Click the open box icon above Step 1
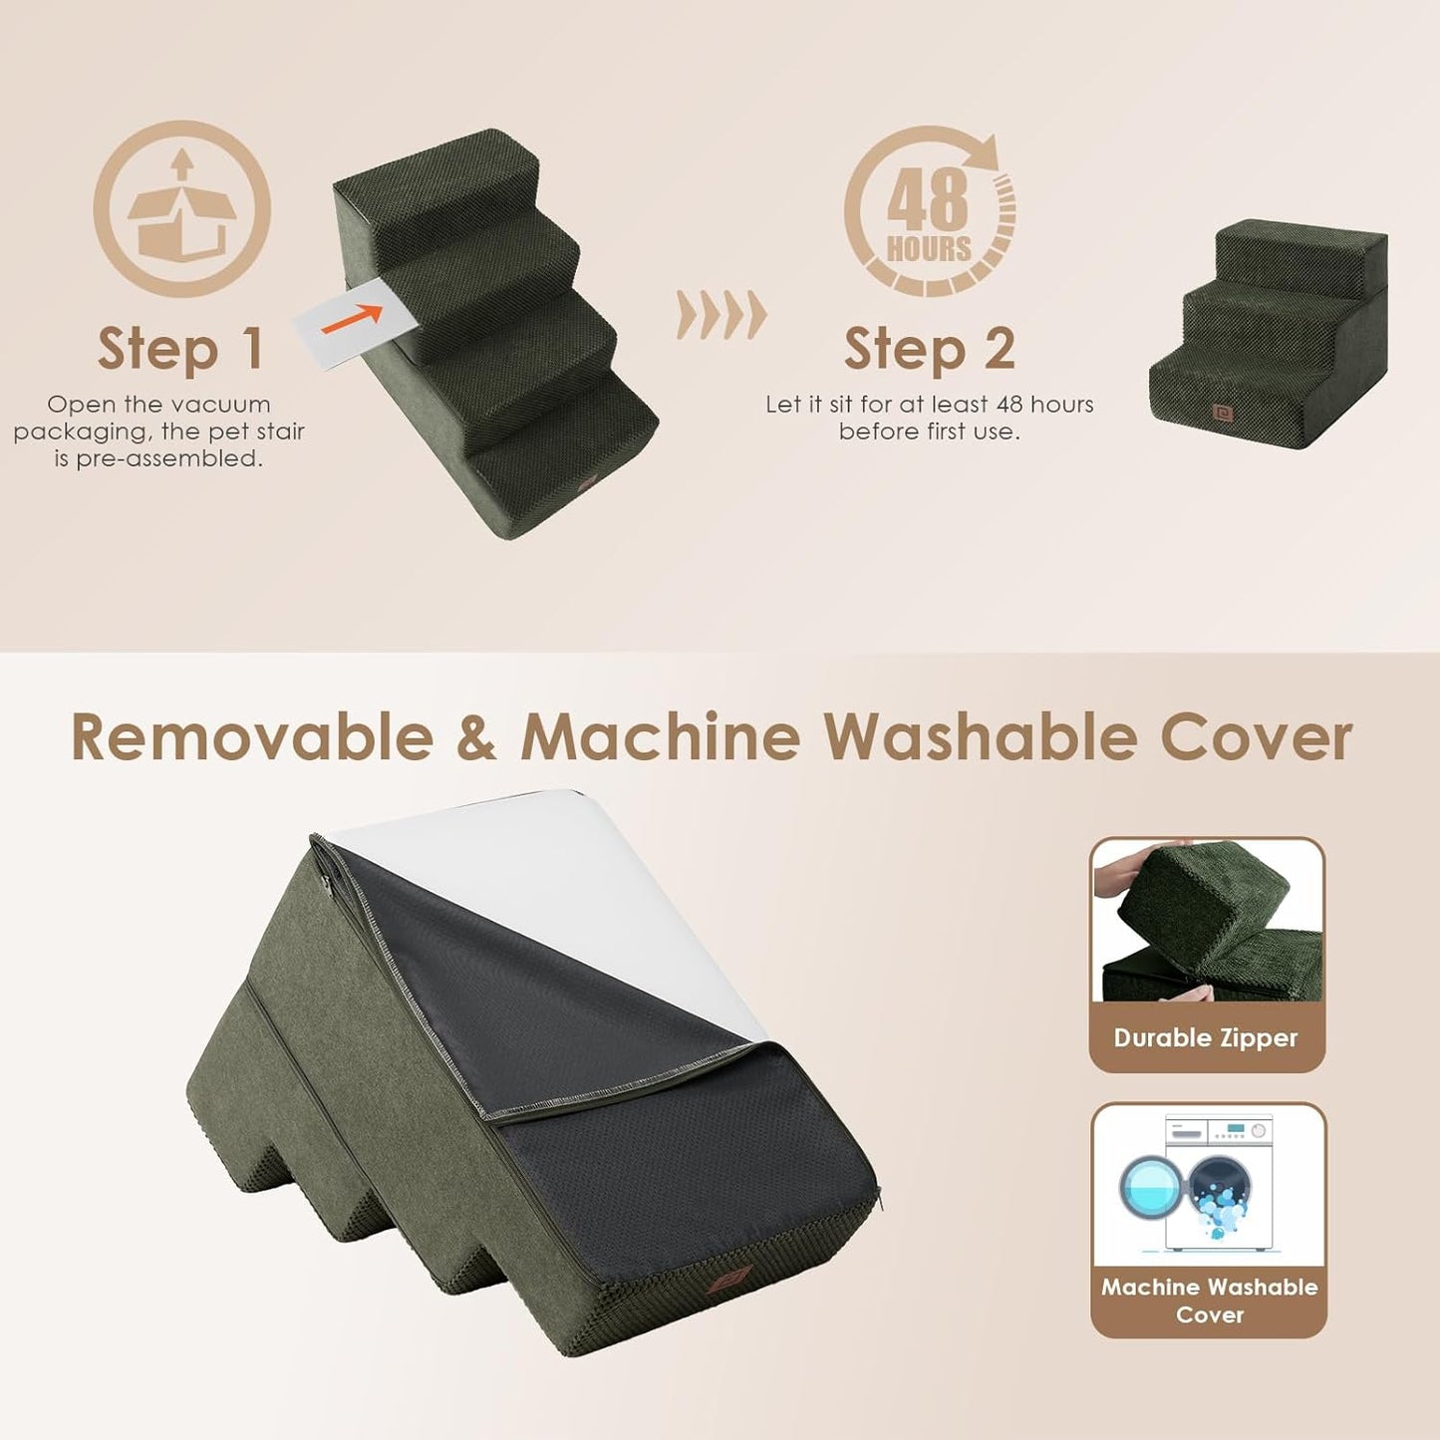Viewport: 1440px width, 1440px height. (x=181, y=208)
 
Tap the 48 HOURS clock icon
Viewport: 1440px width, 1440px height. (x=930, y=210)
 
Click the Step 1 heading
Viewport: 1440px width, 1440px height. (x=180, y=349)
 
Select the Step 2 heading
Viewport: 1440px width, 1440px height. (x=929, y=349)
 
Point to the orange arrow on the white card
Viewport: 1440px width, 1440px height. (x=351, y=318)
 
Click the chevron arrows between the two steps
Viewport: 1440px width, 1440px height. (x=721, y=315)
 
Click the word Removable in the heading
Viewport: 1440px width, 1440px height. (x=251, y=737)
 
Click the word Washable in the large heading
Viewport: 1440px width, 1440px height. (x=980, y=737)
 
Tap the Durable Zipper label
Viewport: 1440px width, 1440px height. (x=1206, y=1037)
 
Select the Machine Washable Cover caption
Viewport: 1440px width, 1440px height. (x=1209, y=1300)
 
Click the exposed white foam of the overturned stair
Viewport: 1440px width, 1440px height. (x=558, y=877)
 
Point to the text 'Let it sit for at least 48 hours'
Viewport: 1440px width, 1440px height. (x=929, y=405)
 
